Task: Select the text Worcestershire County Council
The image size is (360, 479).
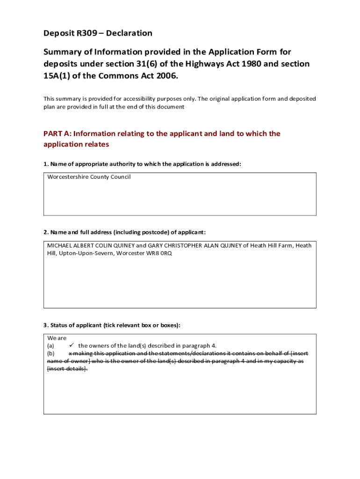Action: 89,177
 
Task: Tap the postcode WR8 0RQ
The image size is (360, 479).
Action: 160,254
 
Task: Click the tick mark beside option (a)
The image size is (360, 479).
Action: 72,346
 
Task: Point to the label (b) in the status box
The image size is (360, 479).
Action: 51,354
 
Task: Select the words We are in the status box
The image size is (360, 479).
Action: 57,338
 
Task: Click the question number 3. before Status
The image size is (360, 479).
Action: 46,325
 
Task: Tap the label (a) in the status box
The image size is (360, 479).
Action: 51,346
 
